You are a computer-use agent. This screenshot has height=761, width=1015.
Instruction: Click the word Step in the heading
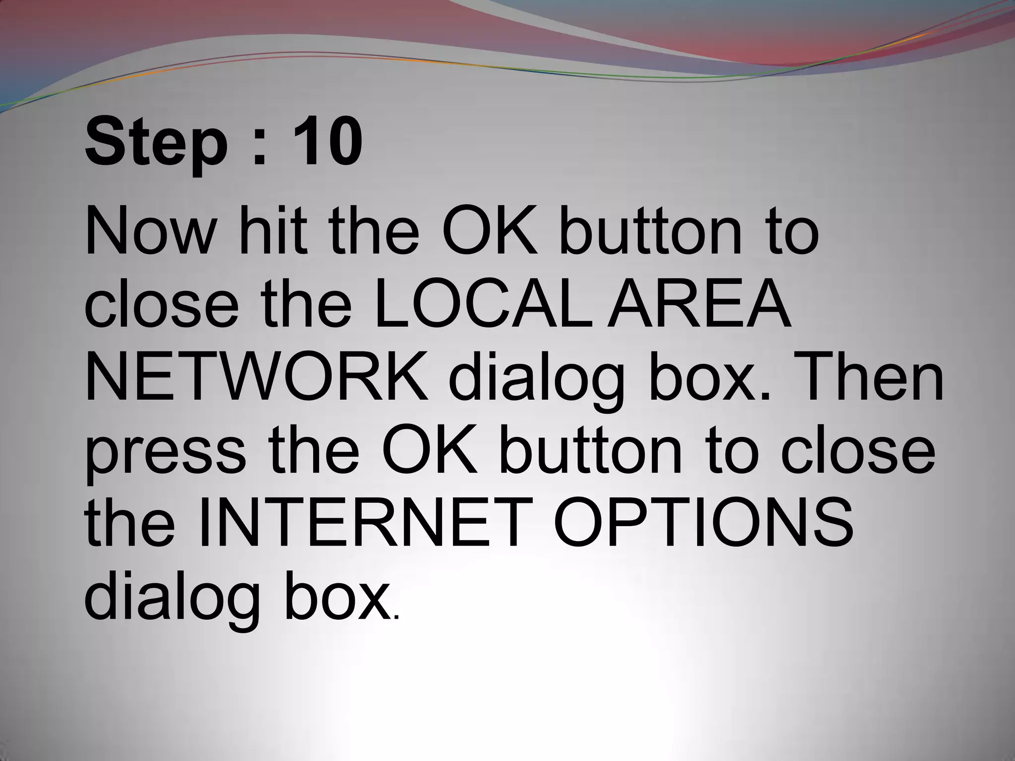[x=156, y=144]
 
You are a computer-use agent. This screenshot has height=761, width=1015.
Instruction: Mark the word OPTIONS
[x=704, y=523]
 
